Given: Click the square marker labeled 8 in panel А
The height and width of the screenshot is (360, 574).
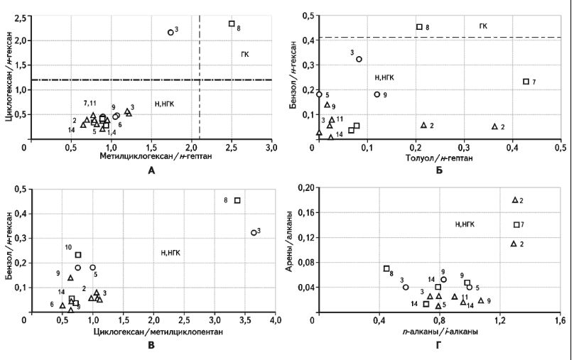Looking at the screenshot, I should pos(232,23).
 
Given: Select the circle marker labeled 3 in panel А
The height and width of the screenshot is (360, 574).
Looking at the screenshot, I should pos(170,32).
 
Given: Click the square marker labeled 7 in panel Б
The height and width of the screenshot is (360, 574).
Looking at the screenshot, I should pos(526,82).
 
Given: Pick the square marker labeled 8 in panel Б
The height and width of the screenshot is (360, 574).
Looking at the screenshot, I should pos(419,27).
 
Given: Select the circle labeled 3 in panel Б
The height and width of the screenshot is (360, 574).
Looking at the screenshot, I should pos(359,59).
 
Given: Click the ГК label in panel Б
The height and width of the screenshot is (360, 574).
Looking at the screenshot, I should pos(483,26).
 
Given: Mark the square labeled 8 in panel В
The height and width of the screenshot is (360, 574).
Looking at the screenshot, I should pos(237,200).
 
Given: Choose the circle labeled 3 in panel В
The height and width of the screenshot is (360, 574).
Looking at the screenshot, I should pos(254,232).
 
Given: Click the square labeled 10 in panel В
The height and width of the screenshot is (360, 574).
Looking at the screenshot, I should pos(78,254).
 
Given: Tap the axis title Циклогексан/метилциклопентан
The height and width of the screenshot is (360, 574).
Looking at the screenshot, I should pos(151,331).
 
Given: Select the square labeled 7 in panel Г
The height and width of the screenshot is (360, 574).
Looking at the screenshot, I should pos(516,225).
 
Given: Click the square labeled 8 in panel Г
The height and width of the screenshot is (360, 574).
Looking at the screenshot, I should pos(386,268).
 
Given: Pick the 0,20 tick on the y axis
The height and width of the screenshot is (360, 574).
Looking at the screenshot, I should pos(305,187).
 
